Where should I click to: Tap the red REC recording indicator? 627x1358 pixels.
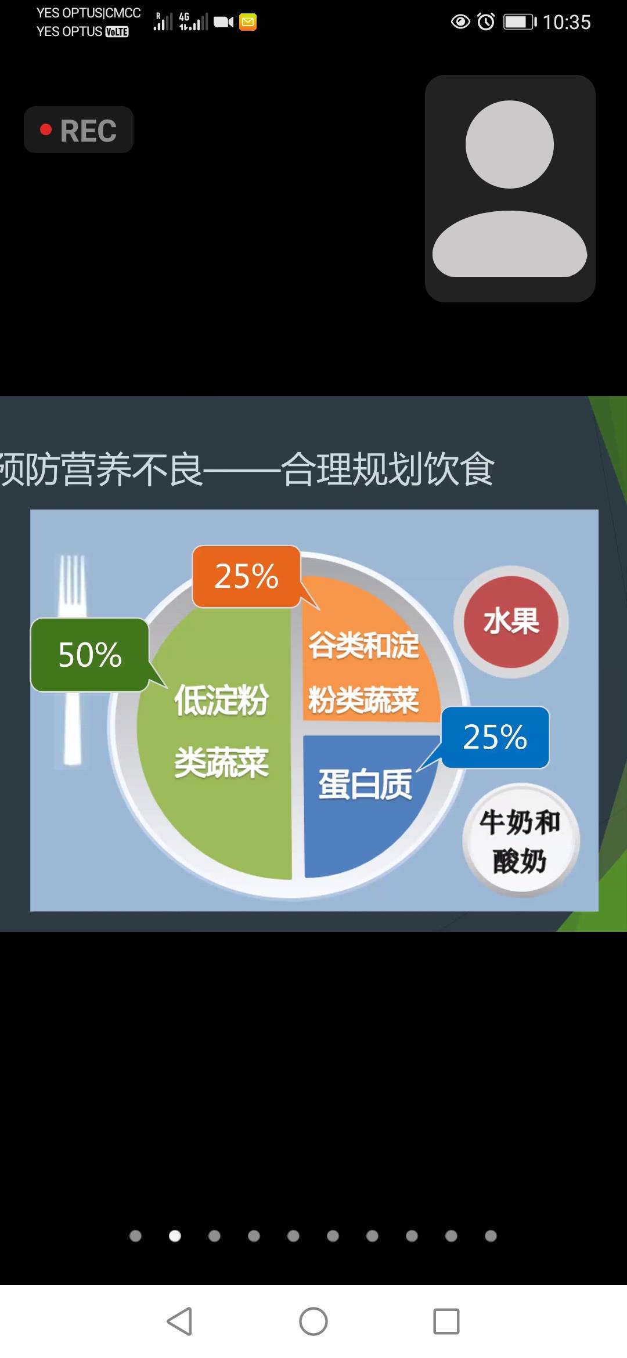78,130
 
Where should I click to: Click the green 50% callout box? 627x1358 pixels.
90,655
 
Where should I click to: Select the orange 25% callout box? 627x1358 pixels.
246,576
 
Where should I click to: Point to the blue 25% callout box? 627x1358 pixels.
495,737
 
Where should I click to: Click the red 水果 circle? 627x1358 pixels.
511,622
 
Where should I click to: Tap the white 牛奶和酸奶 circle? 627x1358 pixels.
520,841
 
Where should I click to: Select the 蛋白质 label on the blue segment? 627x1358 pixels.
365,785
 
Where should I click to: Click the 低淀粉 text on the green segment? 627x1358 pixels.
221,700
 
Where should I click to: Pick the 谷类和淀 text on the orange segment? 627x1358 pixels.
363,645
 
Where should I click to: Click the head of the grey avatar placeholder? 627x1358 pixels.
510,145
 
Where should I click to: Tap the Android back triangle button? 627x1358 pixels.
180,1321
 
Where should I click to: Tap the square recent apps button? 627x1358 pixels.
446,1321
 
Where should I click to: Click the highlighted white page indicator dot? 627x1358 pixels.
175,1236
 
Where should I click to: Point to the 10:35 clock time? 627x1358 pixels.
567,23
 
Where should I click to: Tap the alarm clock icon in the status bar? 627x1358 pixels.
486,22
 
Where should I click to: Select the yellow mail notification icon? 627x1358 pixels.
248,22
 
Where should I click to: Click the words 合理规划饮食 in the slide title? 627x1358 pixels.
387,469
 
